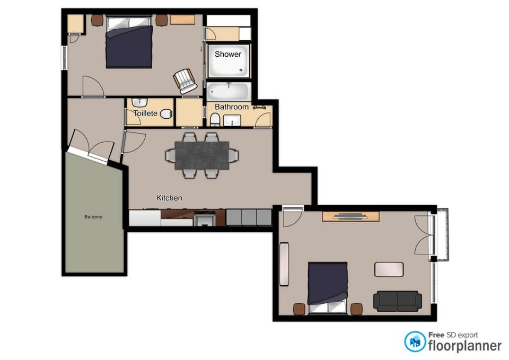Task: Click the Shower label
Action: point(228,54)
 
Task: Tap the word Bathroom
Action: point(232,107)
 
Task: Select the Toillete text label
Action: point(145,113)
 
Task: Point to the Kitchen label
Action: point(169,198)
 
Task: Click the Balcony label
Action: point(93,217)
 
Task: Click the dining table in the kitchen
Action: point(202,155)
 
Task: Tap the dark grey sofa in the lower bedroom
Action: point(397,301)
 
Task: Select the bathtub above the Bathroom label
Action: point(228,92)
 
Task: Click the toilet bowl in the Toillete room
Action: point(166,113)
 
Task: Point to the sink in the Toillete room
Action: point(140,102)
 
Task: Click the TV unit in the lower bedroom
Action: point(350,216)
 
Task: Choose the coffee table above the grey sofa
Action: point(389,269)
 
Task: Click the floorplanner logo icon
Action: point(415,341)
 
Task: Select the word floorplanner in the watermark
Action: point(465,346)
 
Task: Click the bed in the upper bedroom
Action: point(129,42)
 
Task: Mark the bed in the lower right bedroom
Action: point(328,288)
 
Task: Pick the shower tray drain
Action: point(241,69)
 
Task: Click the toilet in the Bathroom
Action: point(215,119)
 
